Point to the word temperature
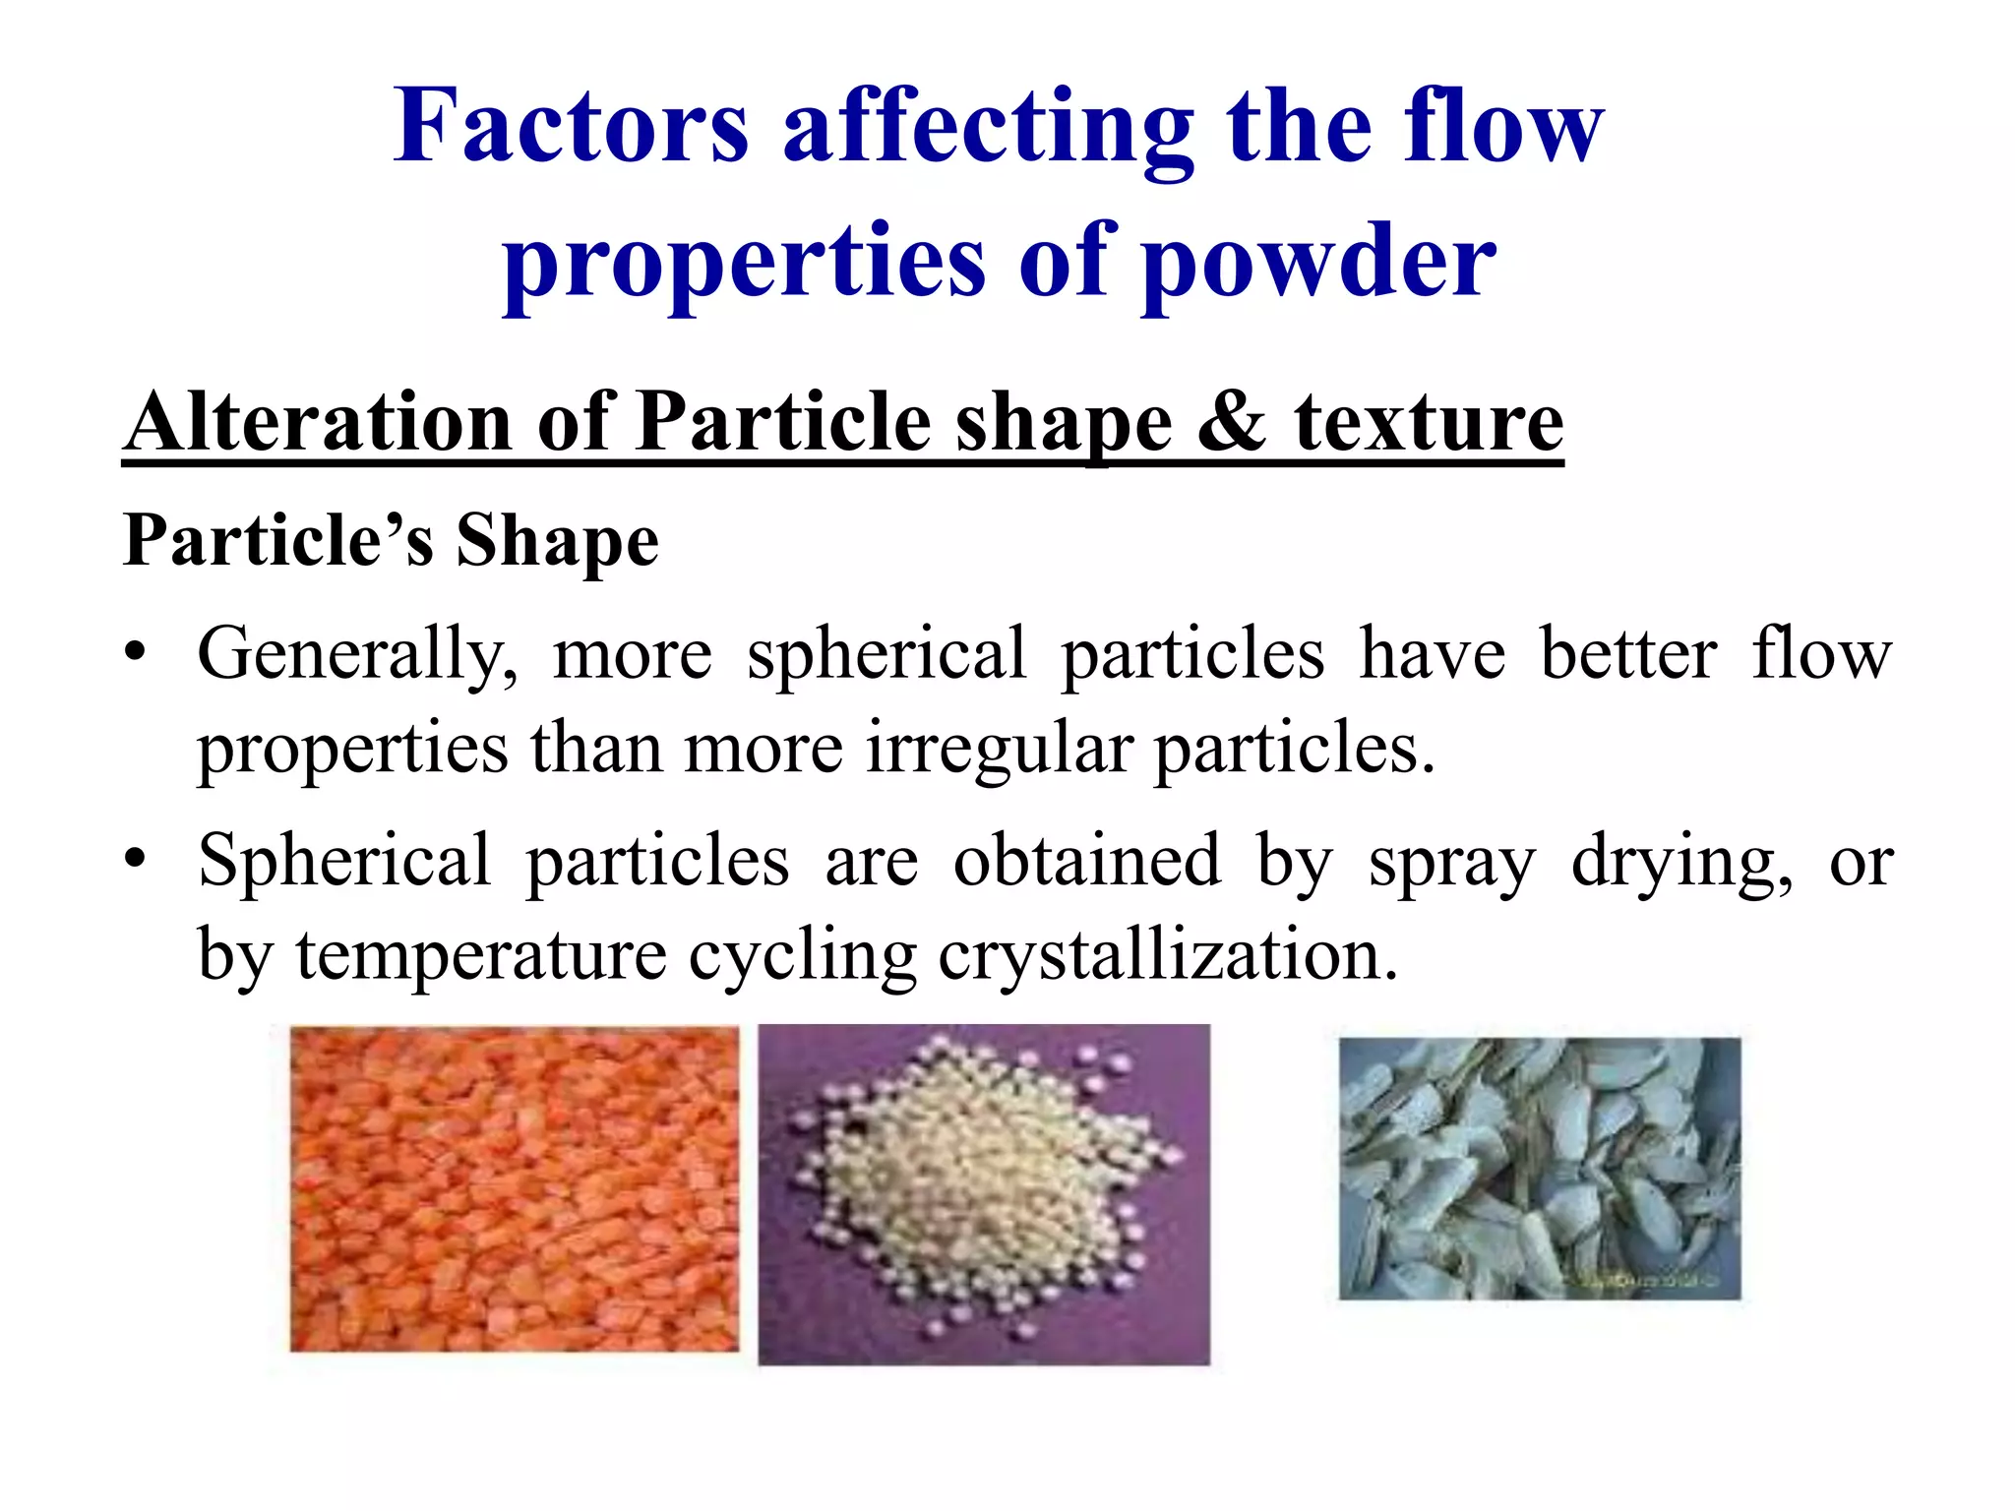click(481, 955)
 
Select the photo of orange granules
click(514, 1188)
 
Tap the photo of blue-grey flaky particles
click(1539, 1169)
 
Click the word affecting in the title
click(988, 128)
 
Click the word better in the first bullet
click(1628, 655)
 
